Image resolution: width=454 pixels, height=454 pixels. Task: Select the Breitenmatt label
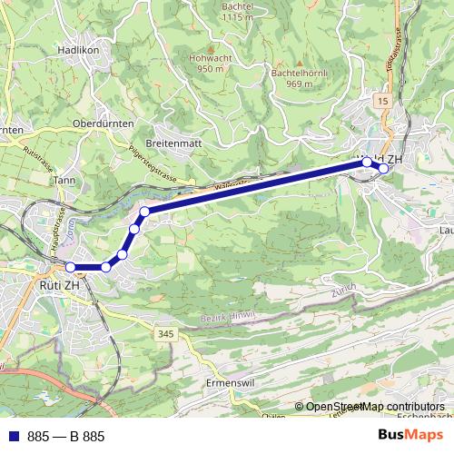click(173, 143)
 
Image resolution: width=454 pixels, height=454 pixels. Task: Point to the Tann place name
click(64, 180)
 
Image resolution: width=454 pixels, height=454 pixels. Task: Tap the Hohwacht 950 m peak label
click(211, 62)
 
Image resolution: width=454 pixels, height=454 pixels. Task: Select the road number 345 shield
click(164, 335)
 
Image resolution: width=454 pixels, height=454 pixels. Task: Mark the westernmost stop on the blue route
click(71, 267)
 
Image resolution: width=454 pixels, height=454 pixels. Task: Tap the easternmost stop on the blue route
click(383, 168)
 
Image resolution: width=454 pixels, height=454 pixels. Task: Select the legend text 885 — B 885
click(66, 437)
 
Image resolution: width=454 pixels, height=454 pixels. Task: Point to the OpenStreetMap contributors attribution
click(376, 407)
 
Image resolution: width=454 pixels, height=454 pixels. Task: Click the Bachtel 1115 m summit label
click(236, 11)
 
